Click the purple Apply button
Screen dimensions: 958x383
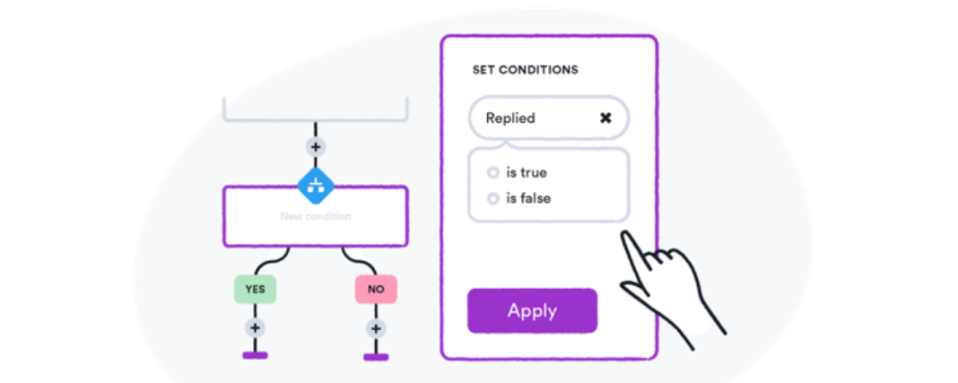point(532,311)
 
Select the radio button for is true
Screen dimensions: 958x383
point(493,173)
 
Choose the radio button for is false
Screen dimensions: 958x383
point(493,198)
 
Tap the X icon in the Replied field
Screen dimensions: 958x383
point(605,118)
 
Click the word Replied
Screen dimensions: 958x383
point(510,118)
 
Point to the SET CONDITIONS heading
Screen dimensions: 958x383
point(526,70)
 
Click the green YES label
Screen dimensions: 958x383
point(255,290)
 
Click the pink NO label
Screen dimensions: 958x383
point(376,290)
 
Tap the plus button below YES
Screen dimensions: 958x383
point(255,328)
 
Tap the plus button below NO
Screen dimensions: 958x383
point(376,329)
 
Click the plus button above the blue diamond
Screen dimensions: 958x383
point(315,147)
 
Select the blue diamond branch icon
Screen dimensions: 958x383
point(315,186)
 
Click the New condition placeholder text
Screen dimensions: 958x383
point(315,216)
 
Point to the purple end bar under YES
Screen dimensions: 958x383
point(255,355)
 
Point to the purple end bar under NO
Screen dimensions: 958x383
point(376,357)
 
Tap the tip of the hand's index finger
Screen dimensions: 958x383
point(623,232)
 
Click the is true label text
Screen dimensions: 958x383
point(527,173)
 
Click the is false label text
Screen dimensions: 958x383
point(528,198)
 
